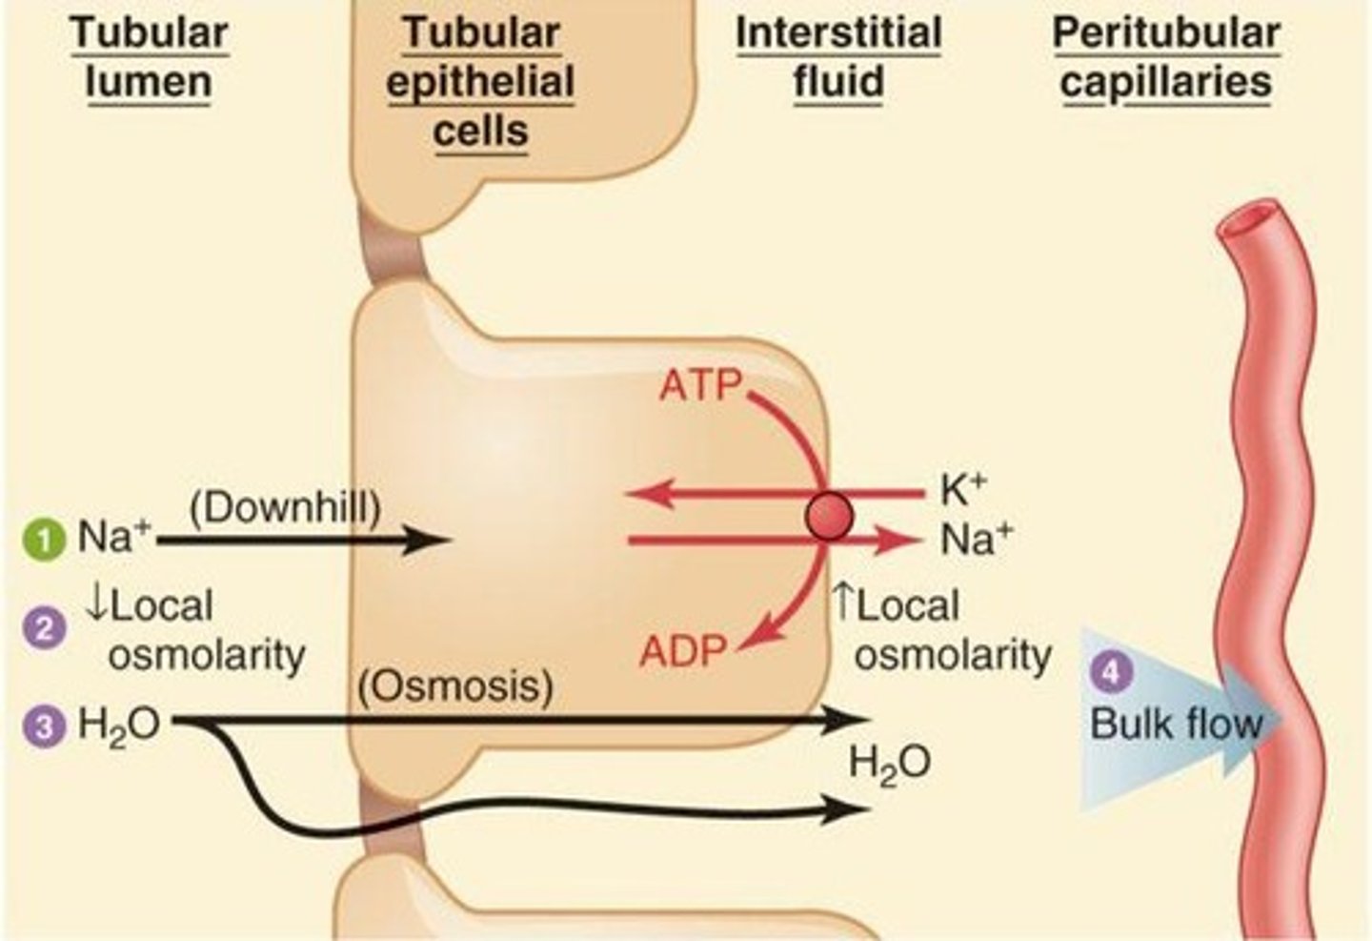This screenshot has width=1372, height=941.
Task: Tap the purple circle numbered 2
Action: click(x=44, y=629)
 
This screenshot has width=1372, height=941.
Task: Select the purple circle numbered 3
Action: click(x=44, y=726)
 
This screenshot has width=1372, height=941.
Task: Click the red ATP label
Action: click(x=700, y=385)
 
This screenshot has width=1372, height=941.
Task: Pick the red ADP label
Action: click(x=683, y=652)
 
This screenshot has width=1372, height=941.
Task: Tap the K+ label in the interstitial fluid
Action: click(x=963, y=490)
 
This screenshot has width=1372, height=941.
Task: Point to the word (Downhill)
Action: click(x=285, y=508)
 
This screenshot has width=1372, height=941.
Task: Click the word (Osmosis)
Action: click(x=456, y=686)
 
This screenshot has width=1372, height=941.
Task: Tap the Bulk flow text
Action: click(x=1176, y=723)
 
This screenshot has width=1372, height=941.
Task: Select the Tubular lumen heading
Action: click(x=149, y=57)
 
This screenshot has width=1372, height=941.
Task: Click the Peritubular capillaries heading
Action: click(x=1166, y=57)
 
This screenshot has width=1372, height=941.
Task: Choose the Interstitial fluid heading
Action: click(x=838, y=57)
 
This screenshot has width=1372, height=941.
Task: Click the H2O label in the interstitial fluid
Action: click(x=889, y=765)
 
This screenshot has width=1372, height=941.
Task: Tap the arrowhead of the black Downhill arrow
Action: click(x=434, y=542)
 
